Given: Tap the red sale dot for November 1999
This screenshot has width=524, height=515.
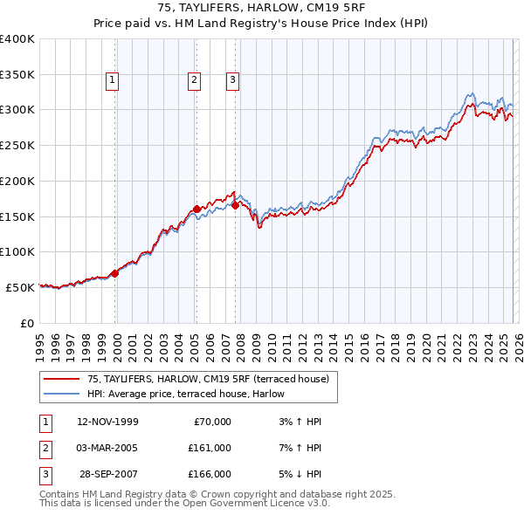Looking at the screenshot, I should pyautogui.click(x=115, y=273).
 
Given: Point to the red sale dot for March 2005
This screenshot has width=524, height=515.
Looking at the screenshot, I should pyautogui.click(x=196, y=209).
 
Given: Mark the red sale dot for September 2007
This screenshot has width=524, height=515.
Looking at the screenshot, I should pyautogui.click(x=236, y=205).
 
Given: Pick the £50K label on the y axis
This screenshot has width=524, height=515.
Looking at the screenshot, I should pyautogui.click(x=21, y=287).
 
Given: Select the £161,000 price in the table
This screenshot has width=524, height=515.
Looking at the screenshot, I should pyautogui.click(x=210, y=448).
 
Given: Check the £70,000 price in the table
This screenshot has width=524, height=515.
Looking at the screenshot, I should pyautogui.click(x=212, y=422).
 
